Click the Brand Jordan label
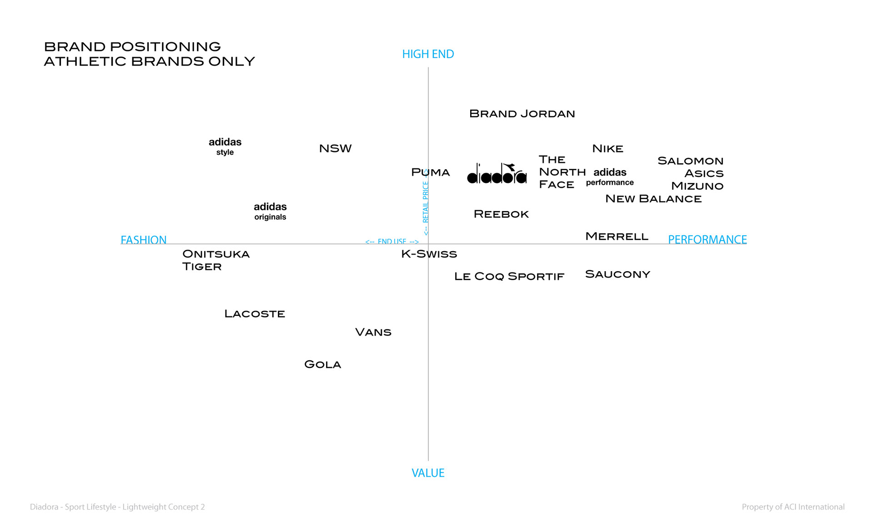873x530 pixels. [x=522, y=114]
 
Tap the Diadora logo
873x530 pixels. [x=497, y=174]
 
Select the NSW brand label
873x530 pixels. [x=335, y=149]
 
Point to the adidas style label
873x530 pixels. [x=225, y=146]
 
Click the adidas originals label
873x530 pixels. [x=270, y=211]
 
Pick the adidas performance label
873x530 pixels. [x=610, y=177]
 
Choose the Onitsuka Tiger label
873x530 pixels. [x=216, y=260]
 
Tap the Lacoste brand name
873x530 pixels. [x=255, y=314]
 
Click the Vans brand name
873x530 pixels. [x=373, y=333]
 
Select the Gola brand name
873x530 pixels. [x=322, y=364]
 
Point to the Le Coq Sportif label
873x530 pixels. [x=509, y=277]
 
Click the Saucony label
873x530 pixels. [x=617, y=274]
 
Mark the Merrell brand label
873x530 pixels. [x=617, y=237]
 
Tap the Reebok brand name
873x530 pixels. [x=501, y=214]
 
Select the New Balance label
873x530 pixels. [x=653, y=199]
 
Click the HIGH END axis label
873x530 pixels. [x=428, y=54]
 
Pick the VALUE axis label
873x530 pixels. [x=428, y=473]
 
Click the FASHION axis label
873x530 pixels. [x=143, y=240]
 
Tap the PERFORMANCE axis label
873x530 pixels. [x=707, y=240]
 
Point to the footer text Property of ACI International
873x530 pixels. [x=793, y=507]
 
